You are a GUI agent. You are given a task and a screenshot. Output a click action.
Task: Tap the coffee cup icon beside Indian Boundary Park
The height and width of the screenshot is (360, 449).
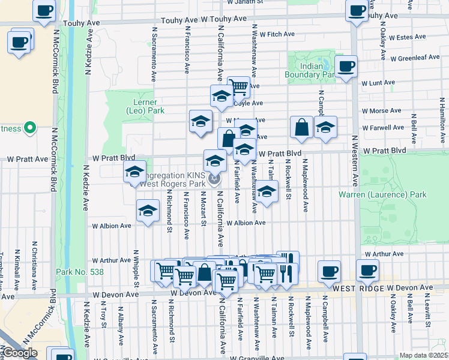346,67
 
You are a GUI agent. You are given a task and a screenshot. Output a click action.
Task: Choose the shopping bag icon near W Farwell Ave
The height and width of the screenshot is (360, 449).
301,127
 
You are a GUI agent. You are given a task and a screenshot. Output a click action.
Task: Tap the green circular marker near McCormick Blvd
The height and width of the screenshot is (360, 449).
29,128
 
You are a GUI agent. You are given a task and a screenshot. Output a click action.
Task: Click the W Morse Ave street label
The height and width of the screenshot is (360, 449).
383,111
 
